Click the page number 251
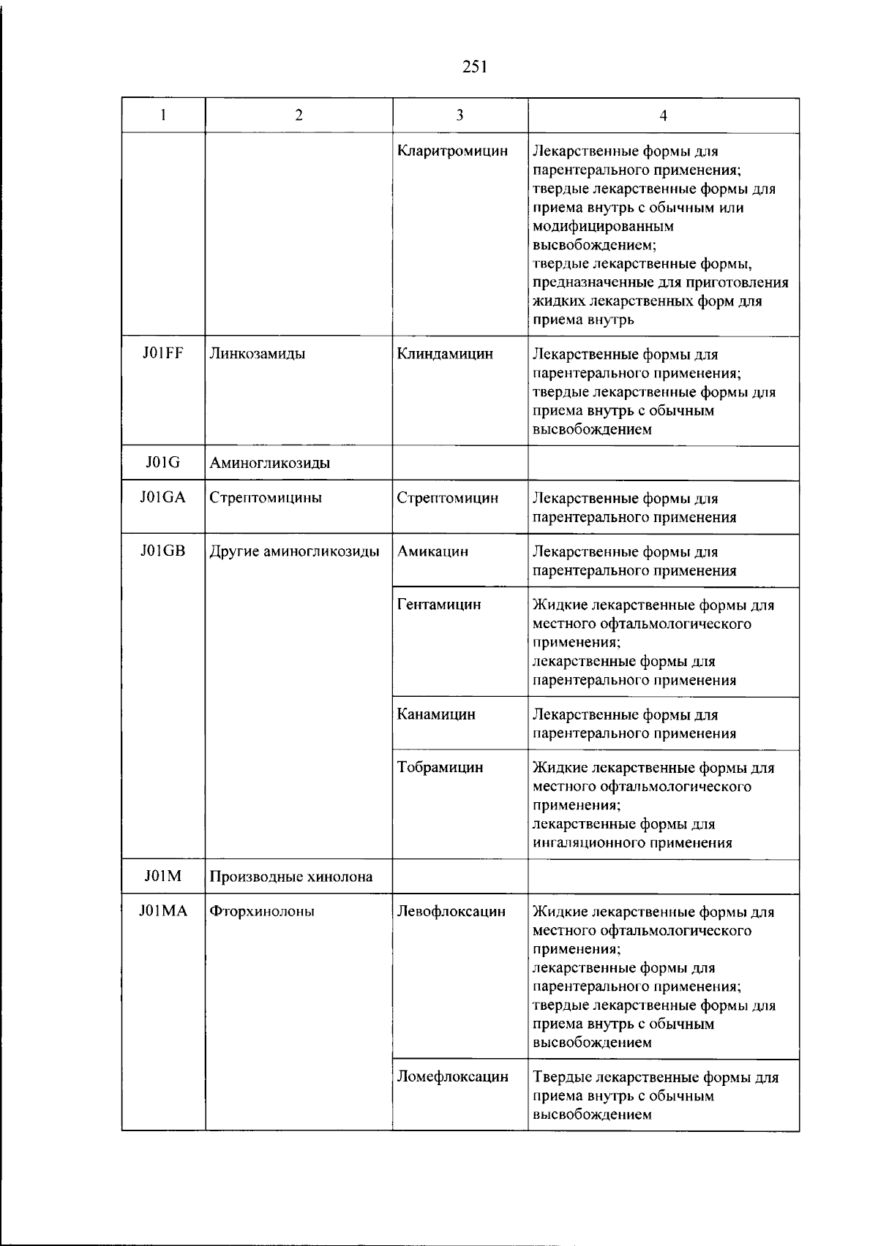(x=475, y=68)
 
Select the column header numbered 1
(x=163, y=115)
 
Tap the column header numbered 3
(x=459, y=115)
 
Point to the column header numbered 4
(x=663, y=116)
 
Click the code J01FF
(x=162, y=354)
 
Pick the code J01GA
(x=163, y=498)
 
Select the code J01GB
(x=163, y=551)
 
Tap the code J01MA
(x=163, y=911)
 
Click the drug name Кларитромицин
(x=452, y=151)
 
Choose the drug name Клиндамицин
(x=445, y=354)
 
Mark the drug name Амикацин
(x=432, y=551)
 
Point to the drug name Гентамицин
(x=439, y=605)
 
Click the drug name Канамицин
(x=436, y=714)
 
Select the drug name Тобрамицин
(x=440, y=768)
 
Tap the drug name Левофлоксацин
(x=451, y=912)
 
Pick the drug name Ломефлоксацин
(x=453, y=1077)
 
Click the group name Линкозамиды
(x=258, y=354)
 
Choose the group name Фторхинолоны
(x=262, y=912)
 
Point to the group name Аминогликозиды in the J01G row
(x=269, y=463)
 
